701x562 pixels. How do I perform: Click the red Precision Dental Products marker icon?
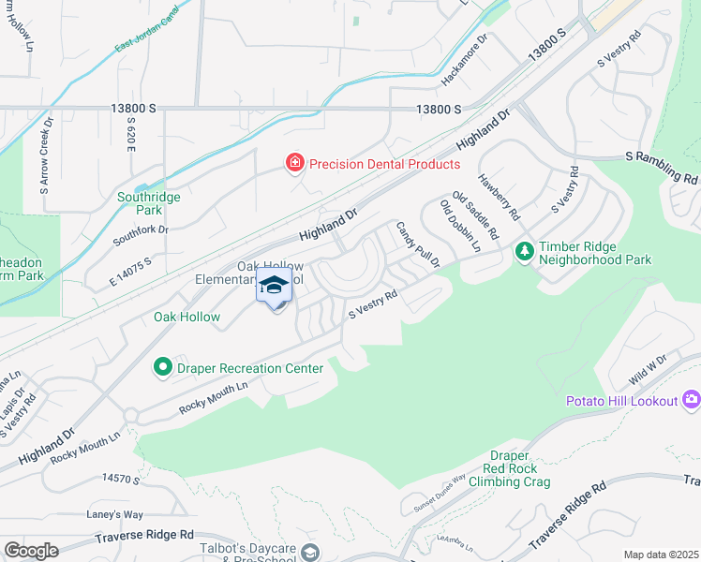coord(294,164)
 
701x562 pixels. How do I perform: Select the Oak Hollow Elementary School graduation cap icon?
coord(274,286)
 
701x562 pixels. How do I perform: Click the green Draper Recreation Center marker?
coord(164,368)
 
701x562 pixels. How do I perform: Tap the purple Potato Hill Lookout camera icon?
coord(691,400)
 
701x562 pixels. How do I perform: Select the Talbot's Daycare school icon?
coord(310,553)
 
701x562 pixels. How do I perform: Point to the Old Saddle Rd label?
coord(475,214)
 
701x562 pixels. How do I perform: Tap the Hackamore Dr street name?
coord(466,60)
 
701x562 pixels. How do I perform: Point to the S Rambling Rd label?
coord(662,169)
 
